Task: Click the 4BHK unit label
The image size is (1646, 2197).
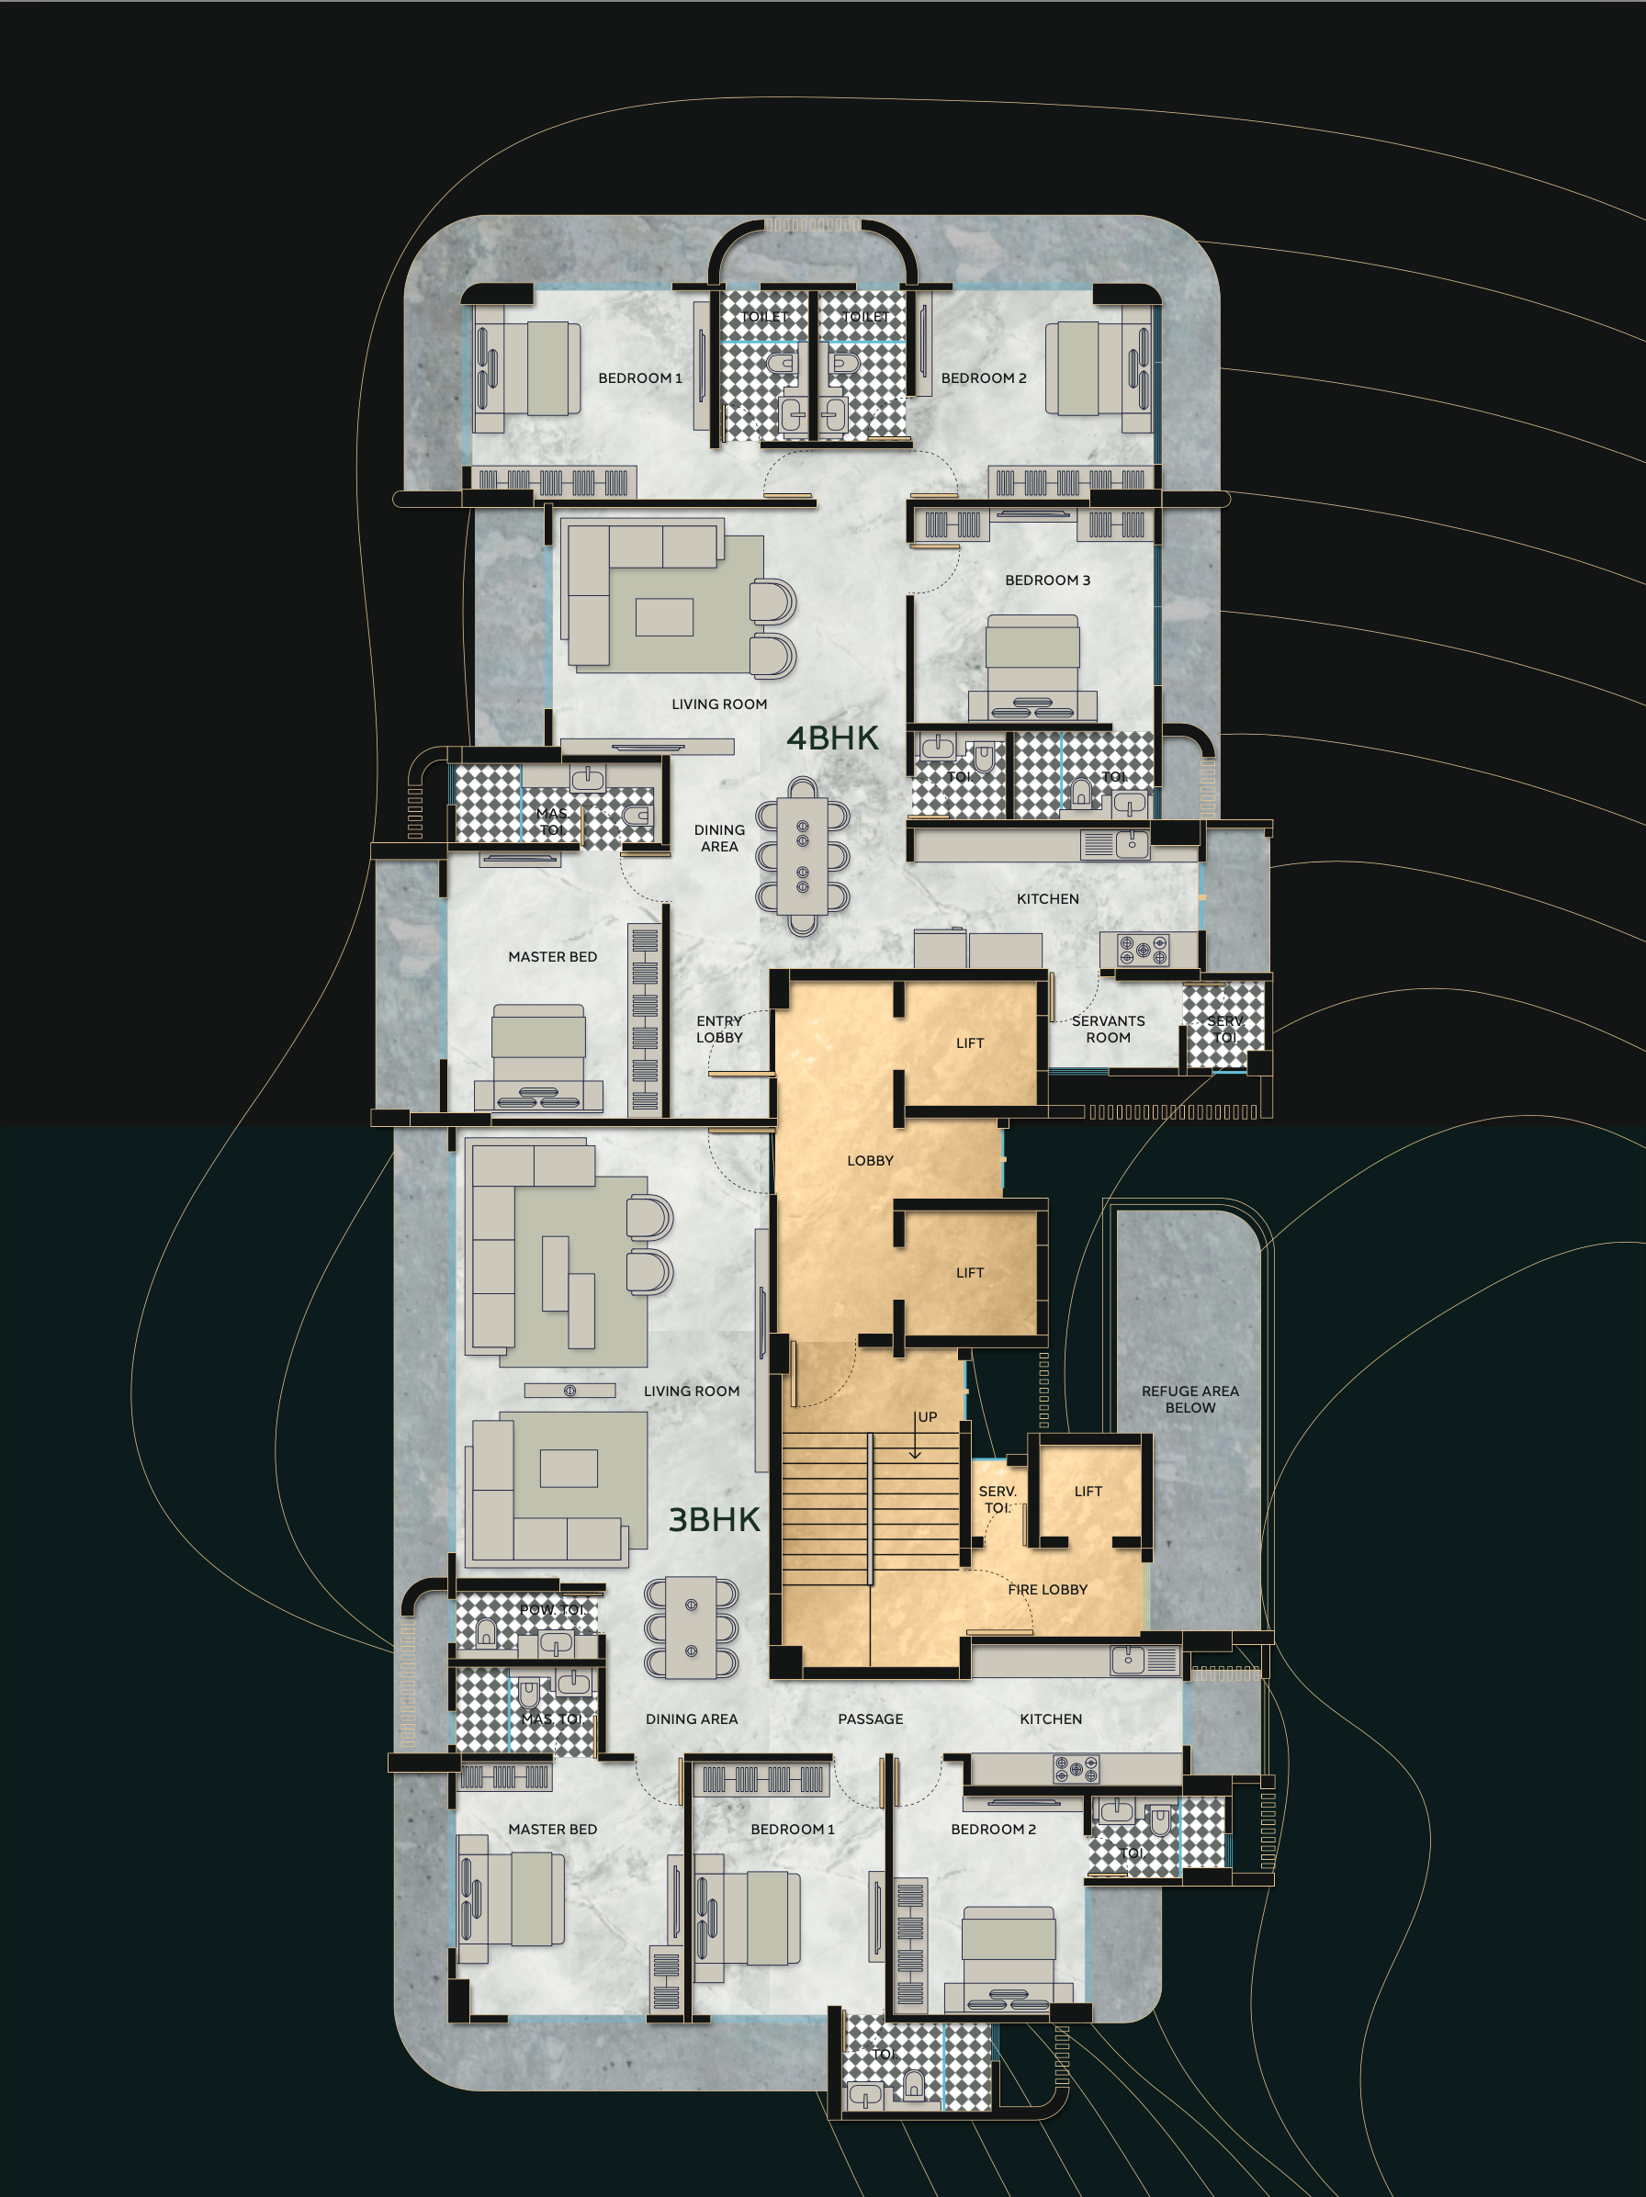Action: (x=832, y=738)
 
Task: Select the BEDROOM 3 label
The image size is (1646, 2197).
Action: (x=1047, y=580)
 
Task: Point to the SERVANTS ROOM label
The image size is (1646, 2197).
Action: (x=1108, y=1029)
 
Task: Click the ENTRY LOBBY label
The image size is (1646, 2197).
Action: (x=719, y=1029)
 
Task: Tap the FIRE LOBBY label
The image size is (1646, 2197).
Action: (x=1047, y=1589)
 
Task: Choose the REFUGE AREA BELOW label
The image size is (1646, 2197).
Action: (x=1189, y=1399)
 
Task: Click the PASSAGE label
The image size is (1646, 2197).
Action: (x=870, y=1718)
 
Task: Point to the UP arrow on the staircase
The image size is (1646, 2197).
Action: (x=916, y=1438)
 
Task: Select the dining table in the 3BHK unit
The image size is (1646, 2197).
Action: (x=692, y=1628)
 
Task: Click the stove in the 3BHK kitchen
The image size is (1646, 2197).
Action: (x=1076, y=1768)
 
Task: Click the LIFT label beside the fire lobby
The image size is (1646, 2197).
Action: (x=1088, y=1491)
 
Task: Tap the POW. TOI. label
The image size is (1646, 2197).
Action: (x=551, y=1608)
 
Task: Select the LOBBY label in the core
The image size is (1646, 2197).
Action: (x=870, y=1160)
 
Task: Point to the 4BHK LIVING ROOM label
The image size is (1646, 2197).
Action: (x=719, y=704)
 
